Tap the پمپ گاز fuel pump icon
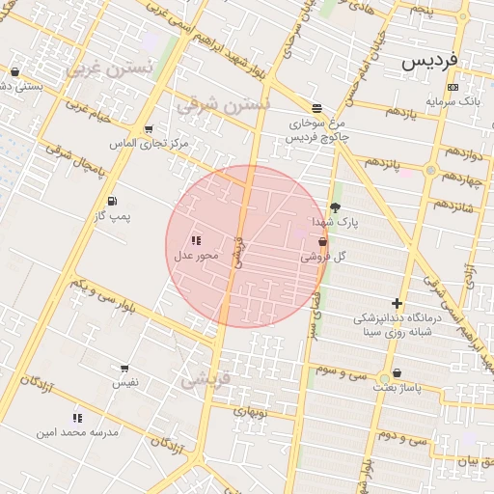coord(114,201)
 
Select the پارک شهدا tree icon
coord(335,207)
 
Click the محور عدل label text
coord(196,256)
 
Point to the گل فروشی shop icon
coord(322,242)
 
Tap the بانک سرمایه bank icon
coord(453,87)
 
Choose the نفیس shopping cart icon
coord(124,369)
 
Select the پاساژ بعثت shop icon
coord(397,373)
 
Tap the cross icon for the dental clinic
coord(397,303)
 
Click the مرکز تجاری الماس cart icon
coord(148,129)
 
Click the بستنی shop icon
coord(14,72)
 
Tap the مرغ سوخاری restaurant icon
coord(316,107)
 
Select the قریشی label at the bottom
coord(202,379)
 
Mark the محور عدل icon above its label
coord(195,240)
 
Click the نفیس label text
coord(125,383)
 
